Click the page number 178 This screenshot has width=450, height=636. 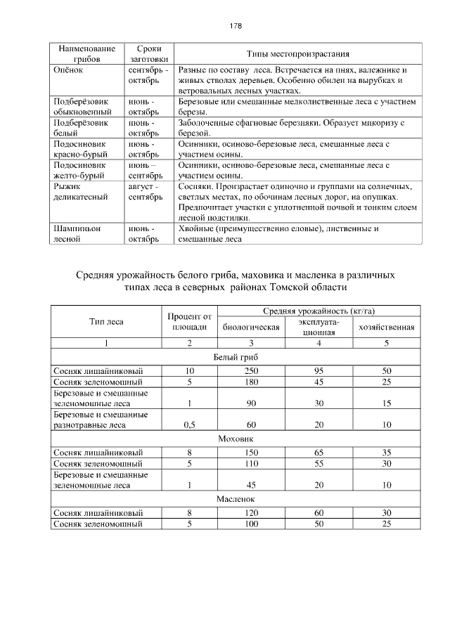tap(236, 26)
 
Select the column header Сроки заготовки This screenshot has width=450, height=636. tap(146, 54)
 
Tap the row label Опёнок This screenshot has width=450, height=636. tap(69, 70)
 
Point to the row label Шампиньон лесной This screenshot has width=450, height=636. tap(77, 233)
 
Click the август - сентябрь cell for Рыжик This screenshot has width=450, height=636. tap(146, 192)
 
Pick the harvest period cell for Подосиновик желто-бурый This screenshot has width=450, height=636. tap(146, 169)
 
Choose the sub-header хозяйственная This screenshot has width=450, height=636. tap(386, 327)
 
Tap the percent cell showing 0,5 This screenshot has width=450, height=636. tap(189, 424)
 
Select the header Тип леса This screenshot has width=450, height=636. tap(106, 322)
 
